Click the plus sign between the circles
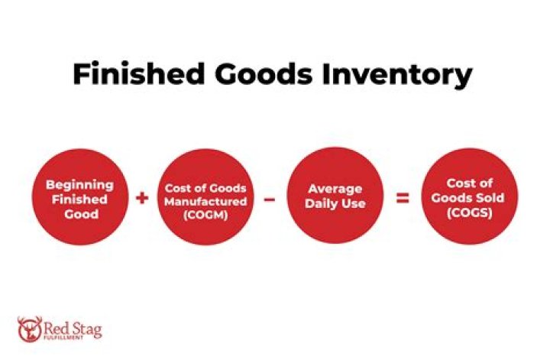coord(142,198)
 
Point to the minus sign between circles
coord(269,199)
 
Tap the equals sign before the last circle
coord(400,199)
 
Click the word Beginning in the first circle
coord(79,184)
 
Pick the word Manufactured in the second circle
coord(205,202)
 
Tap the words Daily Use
coord(335,204)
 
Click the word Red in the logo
coord(56,326)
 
